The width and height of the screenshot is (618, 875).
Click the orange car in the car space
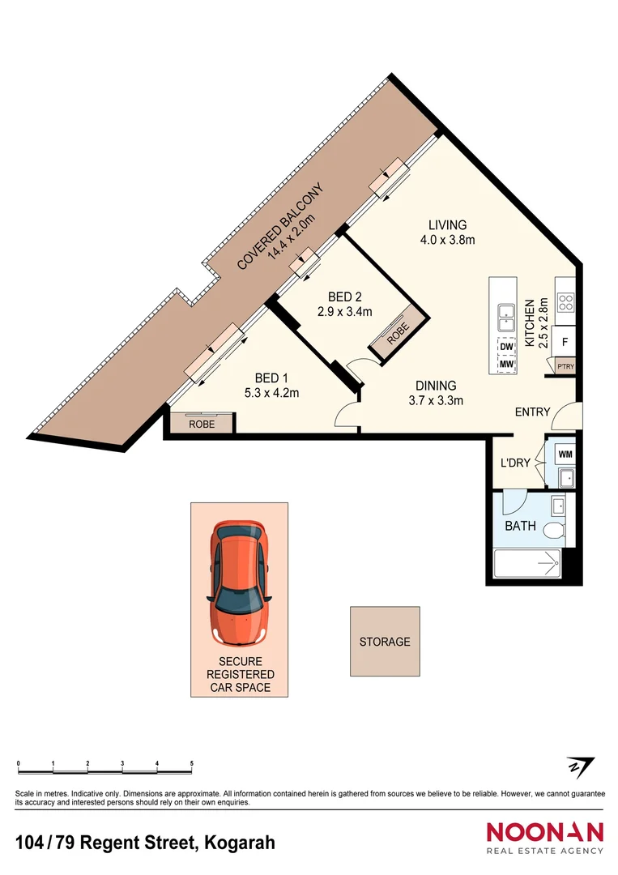(239, 580)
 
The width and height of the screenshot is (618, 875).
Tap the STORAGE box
(385, 642)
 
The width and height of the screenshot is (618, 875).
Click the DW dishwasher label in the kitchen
(507, 348)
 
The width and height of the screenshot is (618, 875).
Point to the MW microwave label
(507, 365)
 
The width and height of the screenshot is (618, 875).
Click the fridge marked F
(565, 341)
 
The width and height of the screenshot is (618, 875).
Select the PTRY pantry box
(565, 366)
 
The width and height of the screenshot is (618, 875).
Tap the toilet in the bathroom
(556, 531)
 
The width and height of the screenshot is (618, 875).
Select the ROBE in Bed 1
(201, 424)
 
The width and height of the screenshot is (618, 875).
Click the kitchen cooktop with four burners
(565, 301)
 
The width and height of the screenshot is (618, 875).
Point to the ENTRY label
(532, 412)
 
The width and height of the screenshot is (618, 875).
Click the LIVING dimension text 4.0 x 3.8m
(447, 240)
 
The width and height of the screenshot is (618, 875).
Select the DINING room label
(436, 386)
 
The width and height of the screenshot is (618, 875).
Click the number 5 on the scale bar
(192, 764)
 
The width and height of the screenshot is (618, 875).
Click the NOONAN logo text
(544, 832)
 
